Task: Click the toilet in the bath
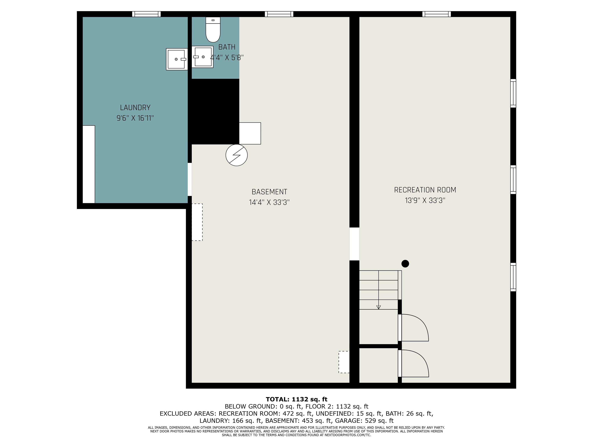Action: point(213,30)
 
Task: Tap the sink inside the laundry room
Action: point(177,59)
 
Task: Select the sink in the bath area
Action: point(202,57)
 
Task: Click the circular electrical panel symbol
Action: point(236,155)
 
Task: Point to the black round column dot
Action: point(405,264)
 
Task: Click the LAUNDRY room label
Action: point(135,108)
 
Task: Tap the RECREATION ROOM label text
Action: point(425,190)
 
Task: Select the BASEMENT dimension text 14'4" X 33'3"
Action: point(269,202)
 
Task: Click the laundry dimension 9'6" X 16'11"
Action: point(135,118)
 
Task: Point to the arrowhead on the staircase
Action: point(379,307)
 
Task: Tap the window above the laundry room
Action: point(146,14)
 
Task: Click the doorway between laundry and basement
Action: point(190,179)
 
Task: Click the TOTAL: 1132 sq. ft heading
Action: point(296,399)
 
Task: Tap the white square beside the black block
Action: point(250,133)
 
